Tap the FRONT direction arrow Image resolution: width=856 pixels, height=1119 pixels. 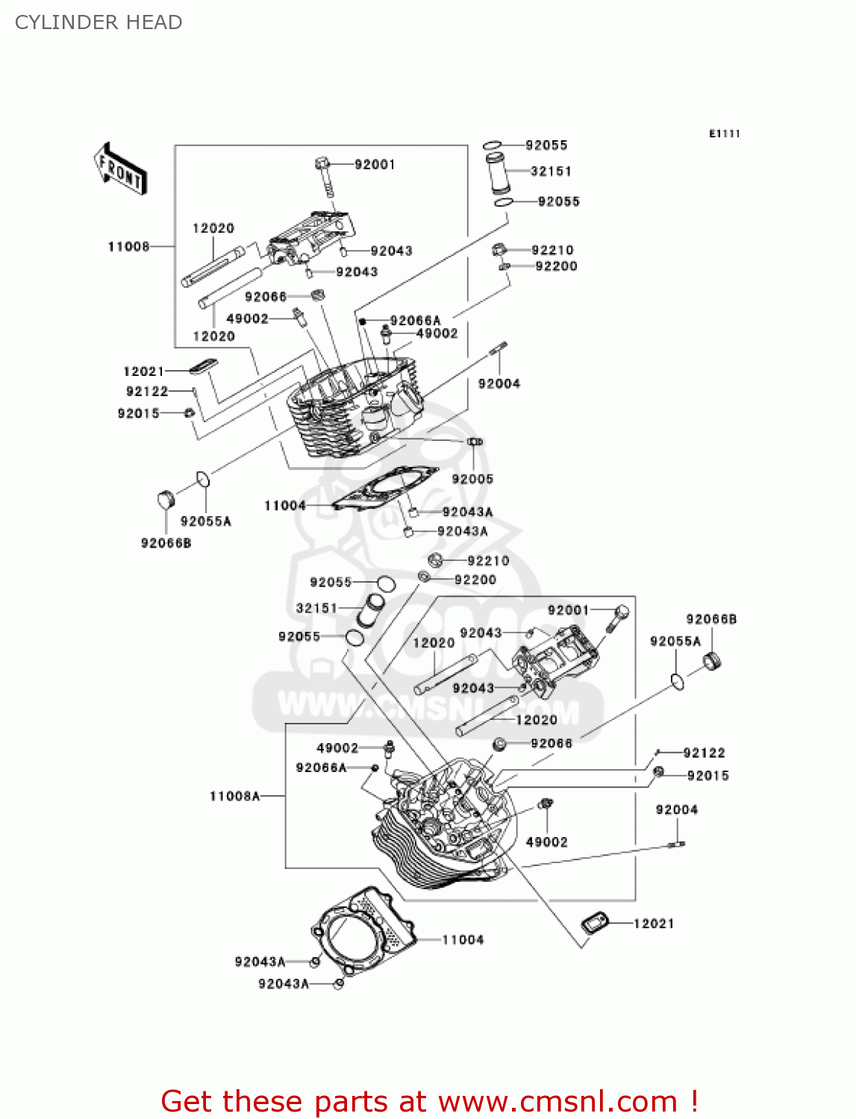[x=120, y=168]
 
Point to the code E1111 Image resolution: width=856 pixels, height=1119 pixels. [x=724, y=134]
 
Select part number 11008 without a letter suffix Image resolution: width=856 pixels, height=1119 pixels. [x=128, y=247]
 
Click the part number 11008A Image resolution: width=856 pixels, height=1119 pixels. [x=234, y=796]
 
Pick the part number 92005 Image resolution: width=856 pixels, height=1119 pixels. [x=472, y=479]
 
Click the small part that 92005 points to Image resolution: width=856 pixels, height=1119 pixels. [x=474, y=442]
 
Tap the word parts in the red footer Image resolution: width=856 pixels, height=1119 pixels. [x=352, y=1102]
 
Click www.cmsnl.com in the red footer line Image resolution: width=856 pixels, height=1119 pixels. [x=557, y=1101]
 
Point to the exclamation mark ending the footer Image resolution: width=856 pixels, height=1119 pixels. [x=694, y=1100]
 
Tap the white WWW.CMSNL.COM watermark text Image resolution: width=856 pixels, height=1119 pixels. [x=428, y=709]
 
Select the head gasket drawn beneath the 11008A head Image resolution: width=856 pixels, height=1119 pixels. [x=363, y=931]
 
